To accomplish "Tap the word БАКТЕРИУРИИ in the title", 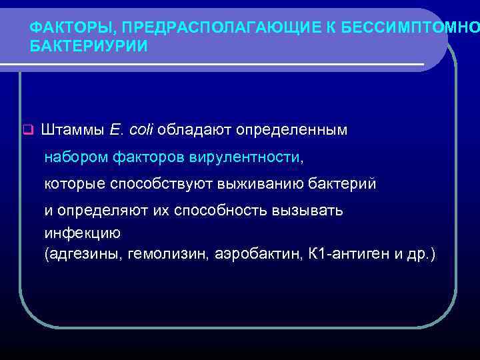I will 89,47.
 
